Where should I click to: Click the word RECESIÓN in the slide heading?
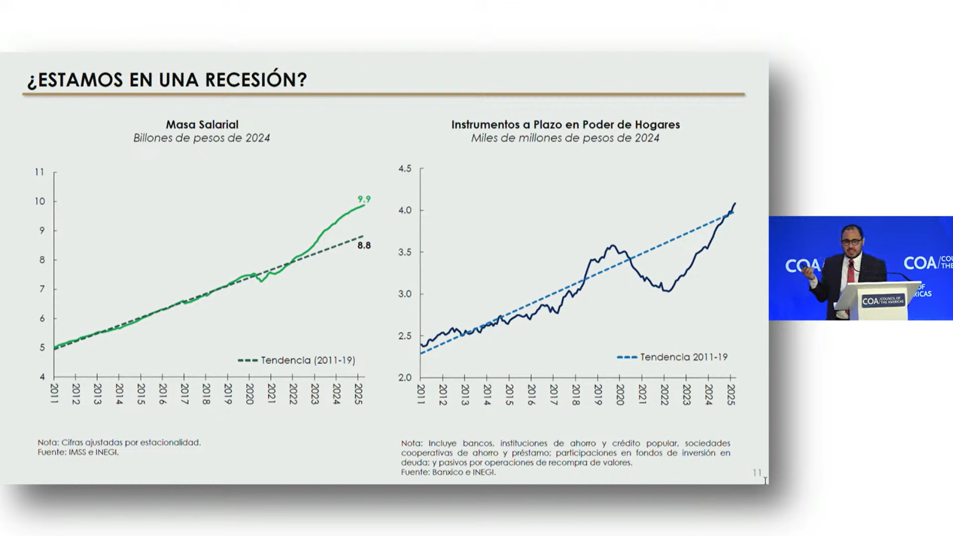click(256, 79)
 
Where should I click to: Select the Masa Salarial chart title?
click(202, 125)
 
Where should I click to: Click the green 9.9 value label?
click(364, 199)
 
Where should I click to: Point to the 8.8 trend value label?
click(364, 245)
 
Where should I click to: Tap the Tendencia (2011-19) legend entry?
click(297, 360)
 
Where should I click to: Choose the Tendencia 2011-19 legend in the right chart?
click(672, 357)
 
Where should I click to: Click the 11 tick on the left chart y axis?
click(39, 172)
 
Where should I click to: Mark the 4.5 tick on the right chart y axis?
click(405, 168)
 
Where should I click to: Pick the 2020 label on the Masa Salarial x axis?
click(249, 394)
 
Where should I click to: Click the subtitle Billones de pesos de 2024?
click(202, 138)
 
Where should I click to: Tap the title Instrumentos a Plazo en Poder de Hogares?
click(565, 125)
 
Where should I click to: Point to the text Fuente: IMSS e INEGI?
click(78, 452)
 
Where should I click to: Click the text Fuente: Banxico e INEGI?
click(448, 472)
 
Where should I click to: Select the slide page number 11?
click(757, 472)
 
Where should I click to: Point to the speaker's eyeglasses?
click(851, 242)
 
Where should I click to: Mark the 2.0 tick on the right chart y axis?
click(405, 378)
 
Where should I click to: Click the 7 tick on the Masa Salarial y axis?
click(42, 289)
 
